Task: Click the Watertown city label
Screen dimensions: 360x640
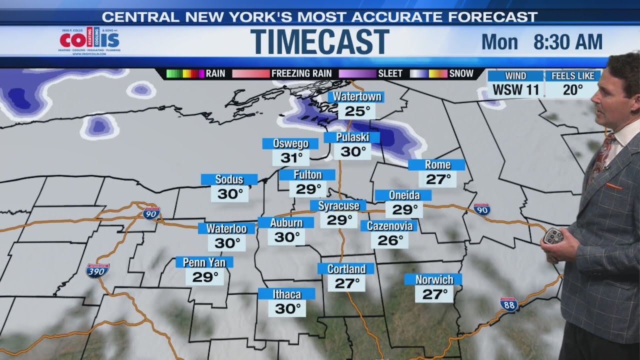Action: pyautogui.click(x=357, y=96)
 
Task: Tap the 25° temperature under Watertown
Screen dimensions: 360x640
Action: pyautogui.click(x=357, y=111)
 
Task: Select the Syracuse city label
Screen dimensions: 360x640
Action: pyautogui.click(x=338, y=205)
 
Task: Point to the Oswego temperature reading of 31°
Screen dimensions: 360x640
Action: pyautogui.click(x=291, y=158)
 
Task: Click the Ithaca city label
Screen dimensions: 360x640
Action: pyautogui.click(x=286, y=294)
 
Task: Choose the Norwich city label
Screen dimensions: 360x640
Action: pyautogui.click(x=434, y=279)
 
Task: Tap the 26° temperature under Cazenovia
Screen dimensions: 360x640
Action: pyautogui.click(x=390, y=240)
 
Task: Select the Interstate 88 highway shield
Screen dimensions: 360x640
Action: pyautogui.click(x=508, y=304)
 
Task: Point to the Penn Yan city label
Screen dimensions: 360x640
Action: pyautogui.click(x=204, y=262)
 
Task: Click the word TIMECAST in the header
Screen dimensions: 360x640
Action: pyautogui.click(x=320, y=42)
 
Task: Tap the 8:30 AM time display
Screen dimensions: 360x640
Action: pyautogui.click(x=567, y=42)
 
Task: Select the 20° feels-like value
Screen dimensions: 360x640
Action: pyautogui.click(x=572, y=90)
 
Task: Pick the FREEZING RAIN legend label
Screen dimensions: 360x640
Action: pyautogui.click(x=301, y=73)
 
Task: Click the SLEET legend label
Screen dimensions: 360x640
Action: pyautogui.click(x=390, y=73)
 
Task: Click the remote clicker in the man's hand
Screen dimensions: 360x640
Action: pyautogui.click(x=553, y=236)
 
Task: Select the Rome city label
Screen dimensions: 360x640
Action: pyautogui.click(x=437, y=165)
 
